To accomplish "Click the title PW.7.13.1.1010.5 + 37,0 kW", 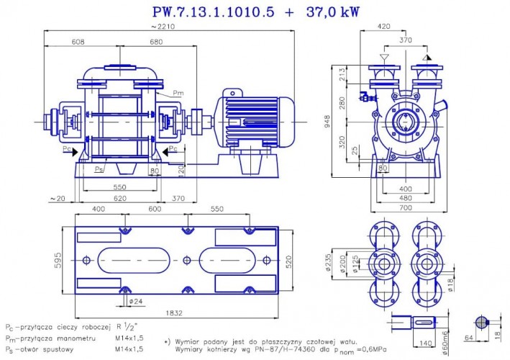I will coord(255,12).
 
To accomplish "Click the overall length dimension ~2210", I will coord(161,27).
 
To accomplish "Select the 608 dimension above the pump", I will coord(77,42).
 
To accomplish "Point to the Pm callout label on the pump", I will coord(178,93).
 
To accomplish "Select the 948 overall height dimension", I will coord(327,122).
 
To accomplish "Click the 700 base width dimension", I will coord(406,207).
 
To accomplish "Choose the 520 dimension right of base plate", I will coord(289,261).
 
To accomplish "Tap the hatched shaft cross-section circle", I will coord(482,323).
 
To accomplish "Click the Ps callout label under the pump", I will coord(99,168).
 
